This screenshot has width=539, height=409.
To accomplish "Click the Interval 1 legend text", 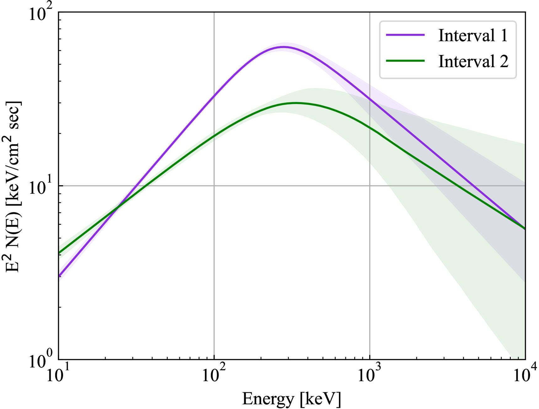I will (472, 35).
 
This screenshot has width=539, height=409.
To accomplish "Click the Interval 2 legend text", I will (473, 61).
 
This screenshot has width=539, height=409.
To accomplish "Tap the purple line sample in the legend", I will (405, 35).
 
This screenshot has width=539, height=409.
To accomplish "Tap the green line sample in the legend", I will (405, 61).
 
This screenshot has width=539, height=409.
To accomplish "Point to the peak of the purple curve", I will (283, 47).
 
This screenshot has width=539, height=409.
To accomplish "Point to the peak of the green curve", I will (295, 103).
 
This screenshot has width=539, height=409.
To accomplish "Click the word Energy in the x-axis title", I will (268, 399).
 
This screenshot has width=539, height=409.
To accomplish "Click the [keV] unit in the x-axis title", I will (320, 399).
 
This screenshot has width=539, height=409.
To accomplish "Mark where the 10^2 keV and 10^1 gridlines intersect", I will (214, 186).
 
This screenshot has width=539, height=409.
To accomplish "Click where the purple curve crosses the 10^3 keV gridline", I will (370, 99).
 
